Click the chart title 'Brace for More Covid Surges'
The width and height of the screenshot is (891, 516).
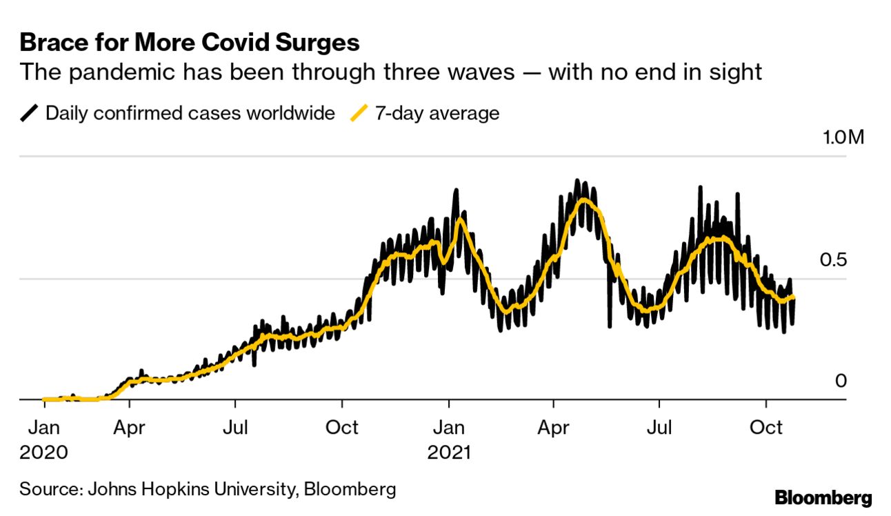point(190,43)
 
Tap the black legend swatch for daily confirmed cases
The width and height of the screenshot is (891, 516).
point(30,113)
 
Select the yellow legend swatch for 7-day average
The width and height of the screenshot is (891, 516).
point(359,113)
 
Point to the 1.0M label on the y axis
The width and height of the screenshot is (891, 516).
point(842,138)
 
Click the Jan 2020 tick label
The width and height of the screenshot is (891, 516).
point(43,428)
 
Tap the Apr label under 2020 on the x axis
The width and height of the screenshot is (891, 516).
point(129,428)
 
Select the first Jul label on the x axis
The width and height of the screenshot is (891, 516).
point(235,428)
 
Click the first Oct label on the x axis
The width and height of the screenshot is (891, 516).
point(341,428)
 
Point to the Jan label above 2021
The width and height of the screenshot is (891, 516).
point(449,428)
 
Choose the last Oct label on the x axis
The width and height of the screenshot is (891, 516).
point(765,428)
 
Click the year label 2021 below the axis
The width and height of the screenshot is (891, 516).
point(449,453)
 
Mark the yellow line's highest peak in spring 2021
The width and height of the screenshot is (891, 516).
point(584,200)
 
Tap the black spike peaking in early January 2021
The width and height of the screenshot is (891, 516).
point(455,191)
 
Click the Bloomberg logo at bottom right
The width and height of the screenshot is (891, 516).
point(823,498)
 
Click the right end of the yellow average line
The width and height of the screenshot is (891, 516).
point(794,297)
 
